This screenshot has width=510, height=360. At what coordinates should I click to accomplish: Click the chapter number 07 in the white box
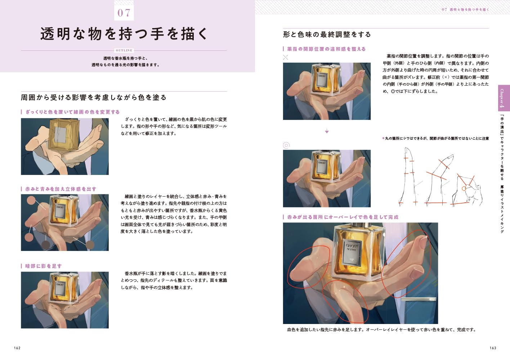point(124,13)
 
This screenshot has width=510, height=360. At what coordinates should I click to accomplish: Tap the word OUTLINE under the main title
point(124,50)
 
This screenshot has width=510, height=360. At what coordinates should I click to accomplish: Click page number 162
point(17,348)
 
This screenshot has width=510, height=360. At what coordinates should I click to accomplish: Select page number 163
point(493,348)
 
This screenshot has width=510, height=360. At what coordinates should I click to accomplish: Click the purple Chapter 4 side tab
point(504,98)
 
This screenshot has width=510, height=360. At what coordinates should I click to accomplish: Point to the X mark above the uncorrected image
point(286,57)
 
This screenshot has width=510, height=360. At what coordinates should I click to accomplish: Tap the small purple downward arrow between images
point(327,131)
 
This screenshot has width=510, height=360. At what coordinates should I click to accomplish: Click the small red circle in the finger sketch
point(464,188)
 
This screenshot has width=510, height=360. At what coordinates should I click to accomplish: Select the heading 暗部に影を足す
point(43,266)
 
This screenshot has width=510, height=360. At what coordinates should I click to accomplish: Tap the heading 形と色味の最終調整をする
point(327,35)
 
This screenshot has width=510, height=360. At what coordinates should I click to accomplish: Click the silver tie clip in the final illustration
point(419,299)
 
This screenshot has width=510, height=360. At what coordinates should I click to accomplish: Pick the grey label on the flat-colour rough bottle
point(60,134)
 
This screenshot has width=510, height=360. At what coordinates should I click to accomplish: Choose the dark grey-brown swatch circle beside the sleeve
point(46,244)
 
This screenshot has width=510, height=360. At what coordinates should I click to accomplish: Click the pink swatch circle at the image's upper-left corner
point(31,201)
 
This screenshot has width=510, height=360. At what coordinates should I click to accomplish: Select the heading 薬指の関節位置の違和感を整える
point(326,49)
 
